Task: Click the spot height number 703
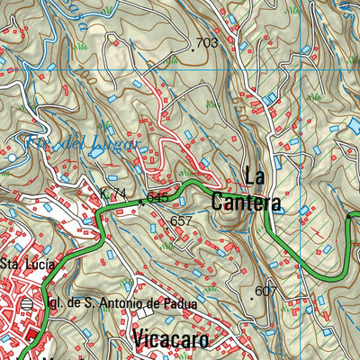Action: tap(207, 42)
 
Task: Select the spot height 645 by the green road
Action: tap(157, 197)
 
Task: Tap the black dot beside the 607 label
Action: tap(250, 293)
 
